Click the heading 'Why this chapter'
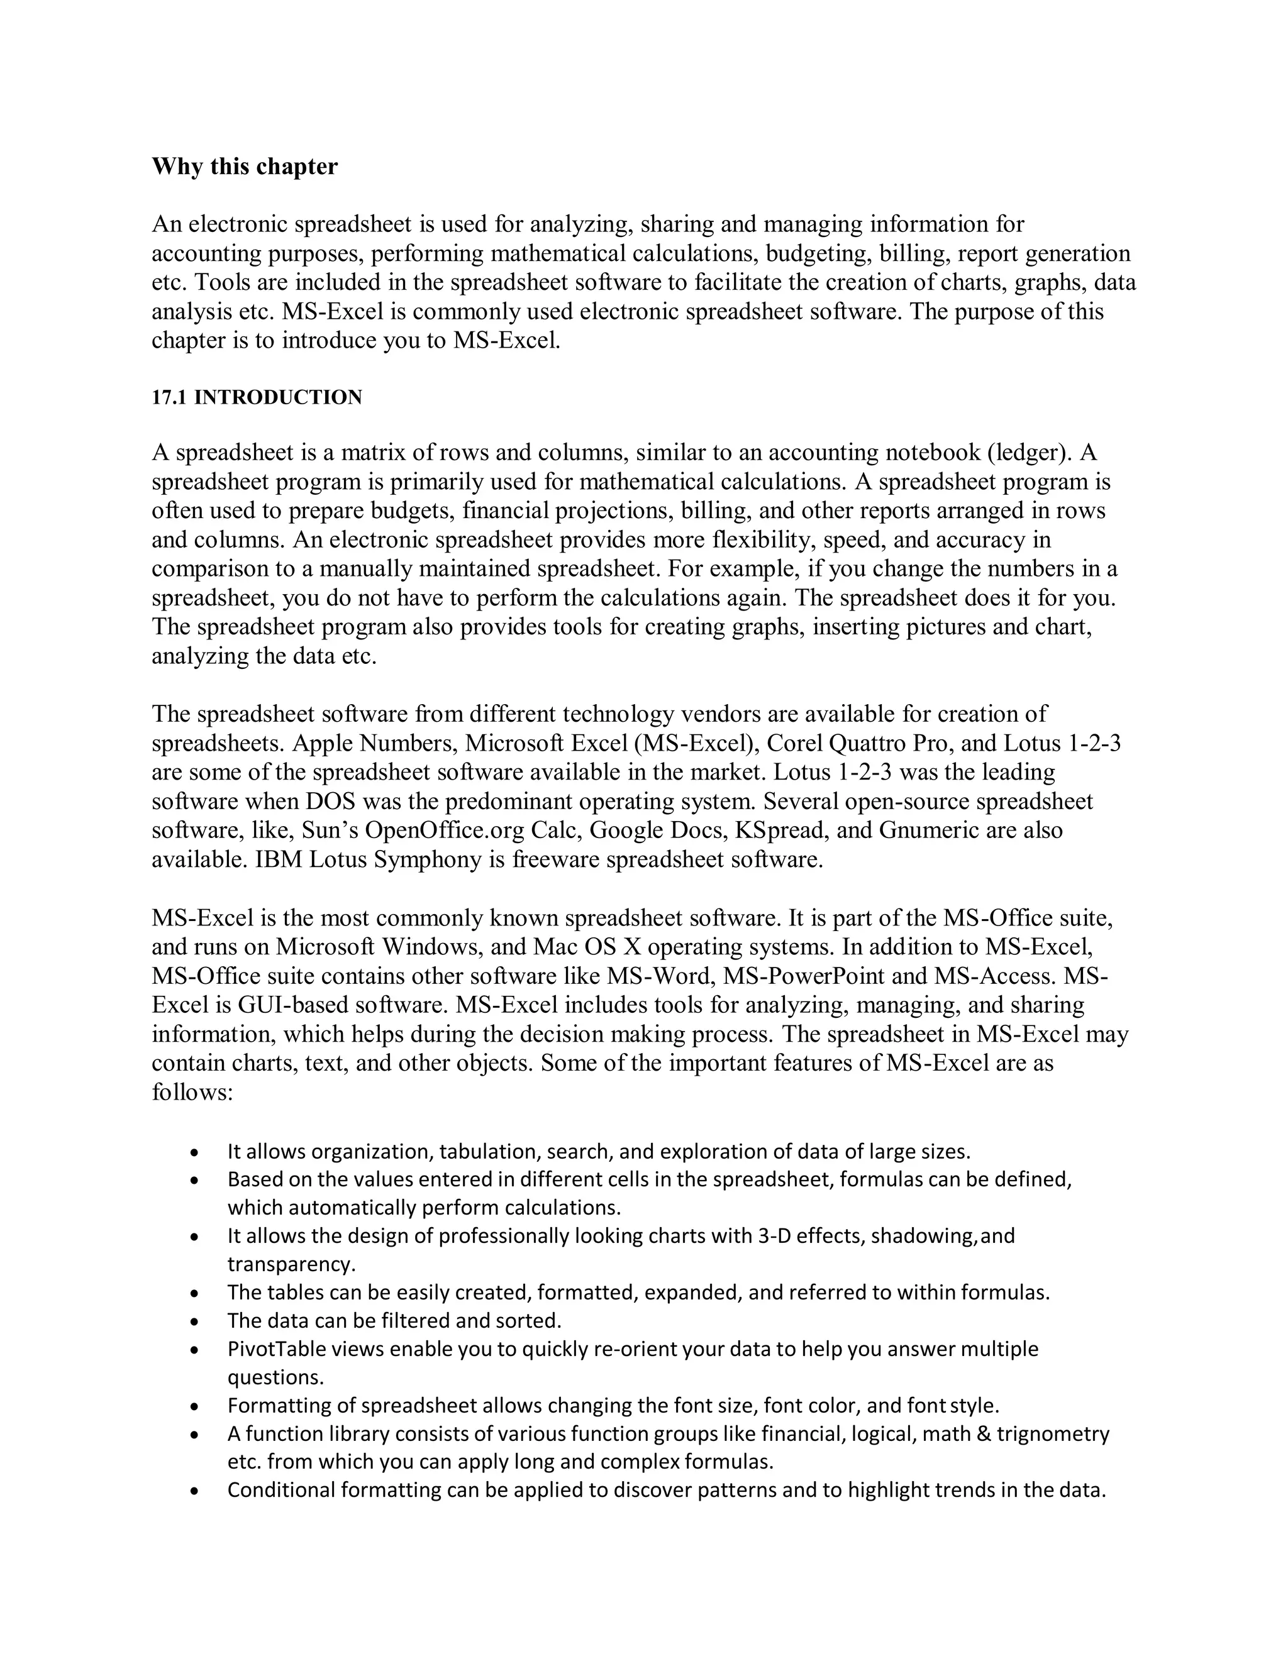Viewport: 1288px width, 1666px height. coord(244,167)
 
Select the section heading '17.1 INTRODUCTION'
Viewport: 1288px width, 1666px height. coord(257,397)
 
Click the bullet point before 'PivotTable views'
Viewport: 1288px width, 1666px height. coord(197,1351)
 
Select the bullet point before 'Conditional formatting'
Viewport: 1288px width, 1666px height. coord(197,1491)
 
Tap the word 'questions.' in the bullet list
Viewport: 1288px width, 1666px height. coord(275,1377)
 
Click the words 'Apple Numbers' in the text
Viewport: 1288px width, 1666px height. coord(375,743)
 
